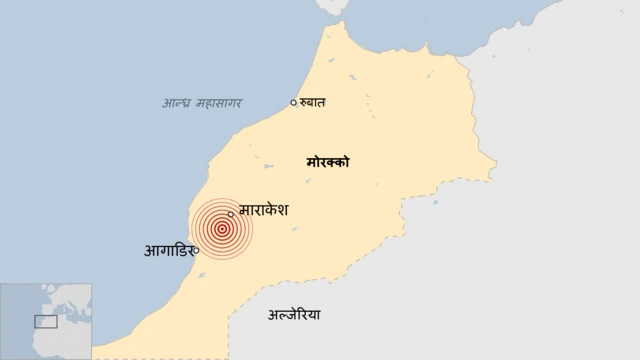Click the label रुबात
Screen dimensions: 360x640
[314, 101]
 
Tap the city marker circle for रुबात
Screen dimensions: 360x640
[293, 102]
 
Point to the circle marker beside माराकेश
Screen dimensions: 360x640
[231, 213]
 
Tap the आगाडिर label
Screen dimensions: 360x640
[168, 250]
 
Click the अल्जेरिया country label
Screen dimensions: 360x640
[295, 315]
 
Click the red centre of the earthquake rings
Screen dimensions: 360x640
[221, 228]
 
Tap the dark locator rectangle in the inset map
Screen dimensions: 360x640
[45, 321]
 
